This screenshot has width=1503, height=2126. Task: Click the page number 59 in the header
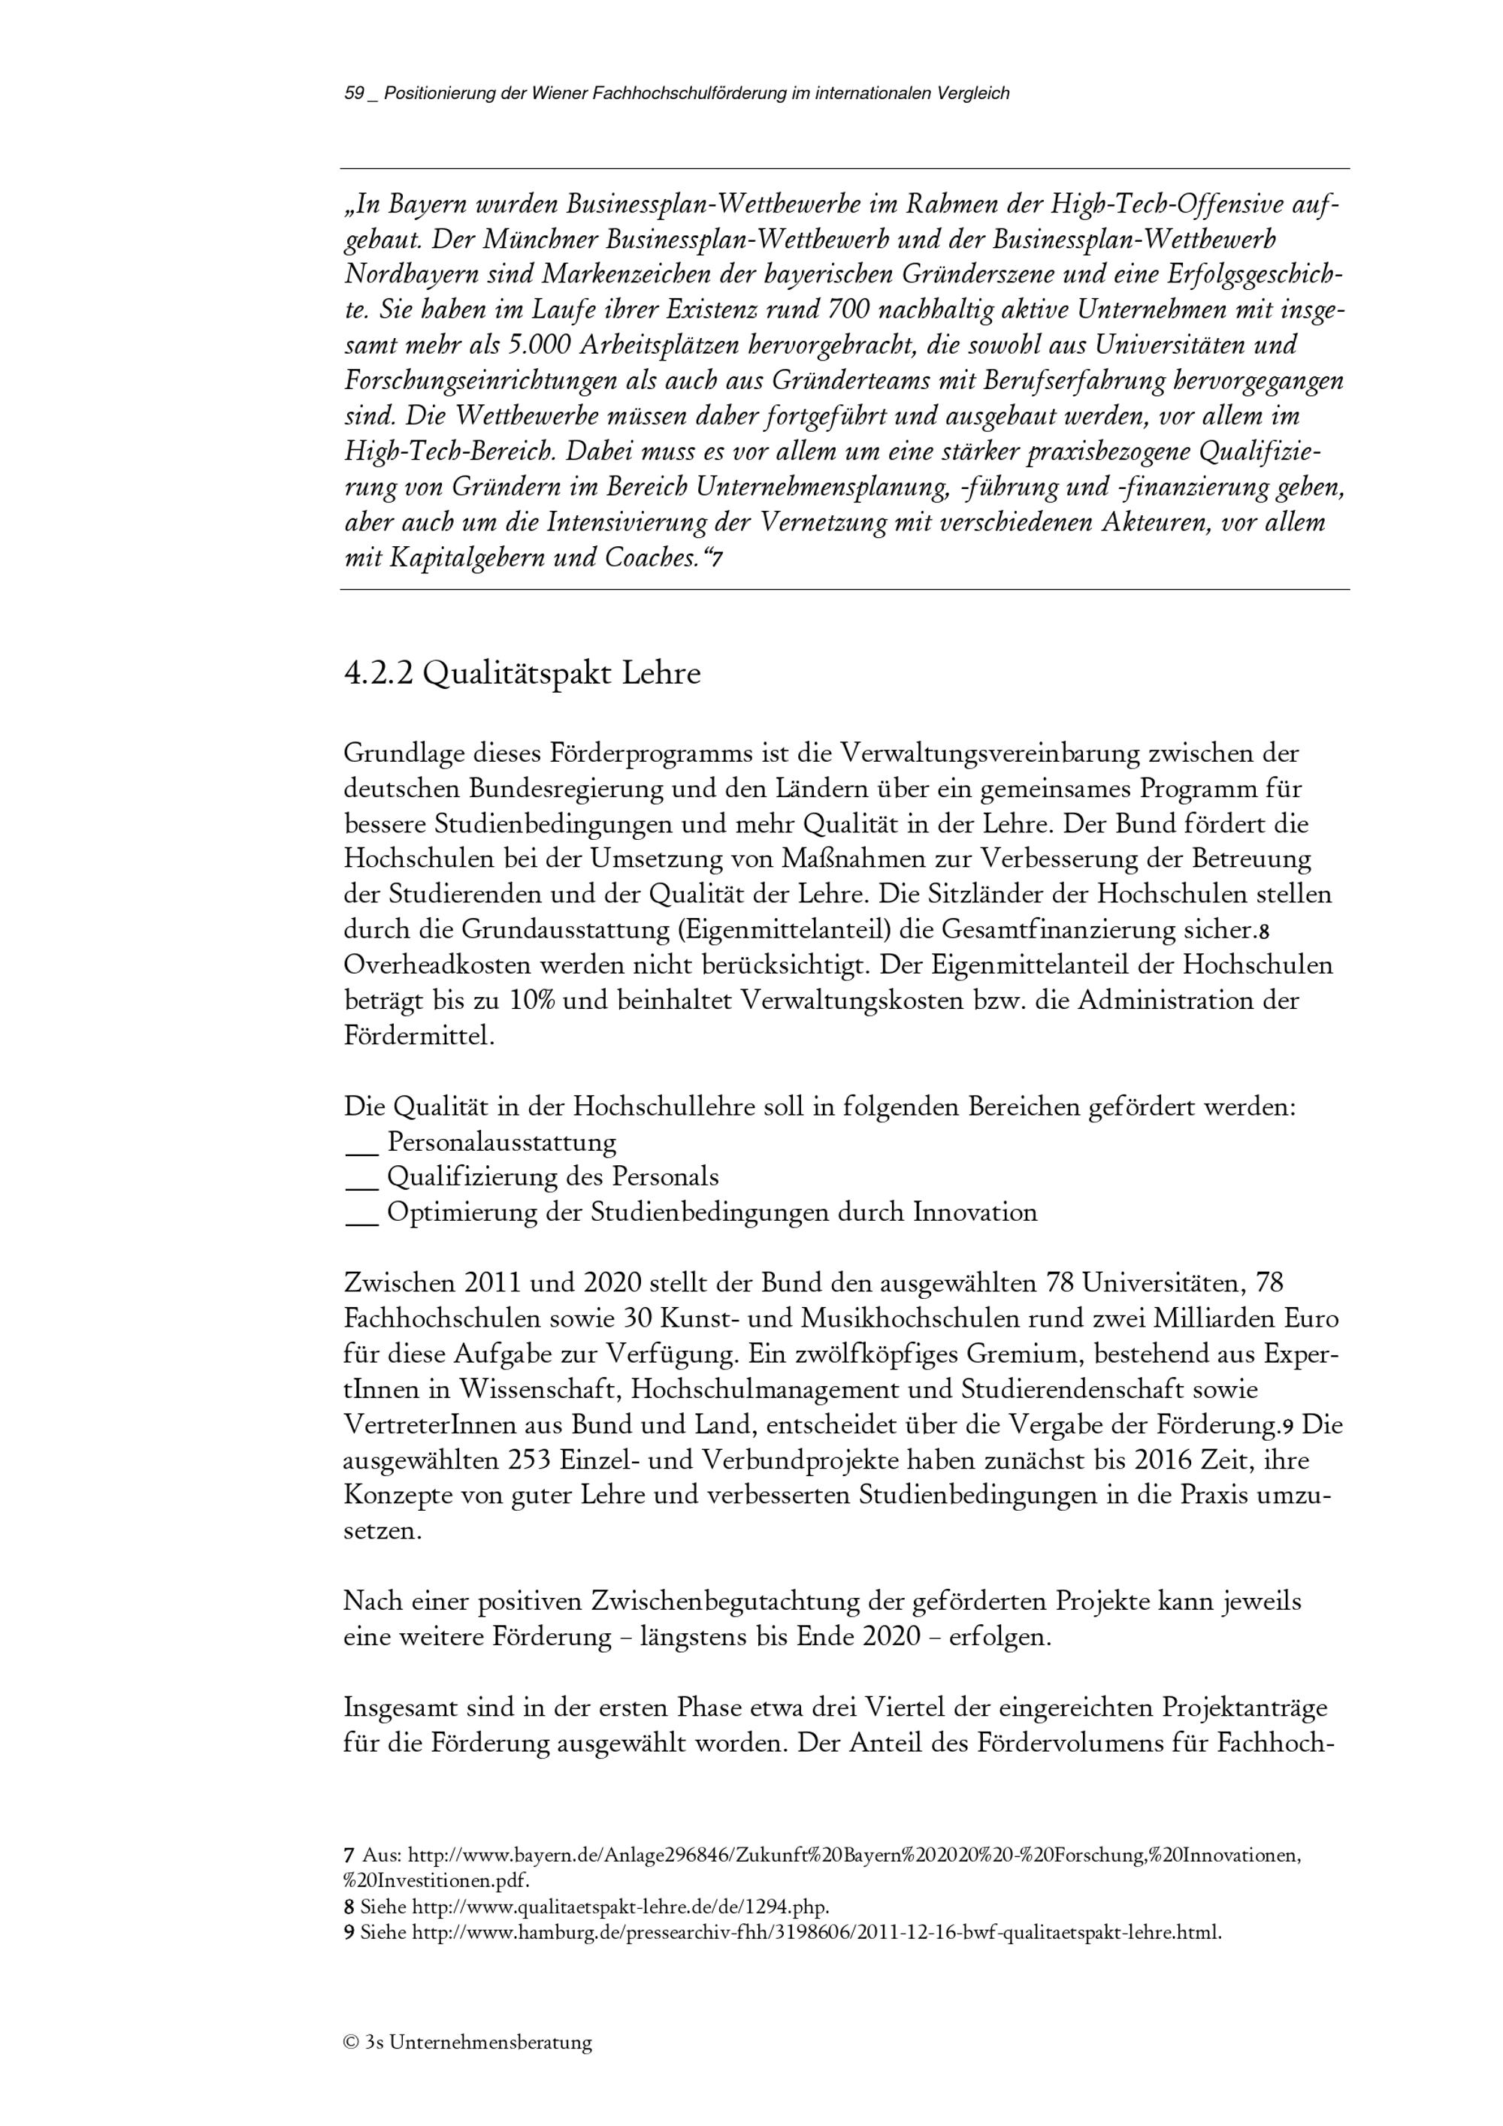click(354, 93)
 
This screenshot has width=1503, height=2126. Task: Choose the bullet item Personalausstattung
click(501, 1142)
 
